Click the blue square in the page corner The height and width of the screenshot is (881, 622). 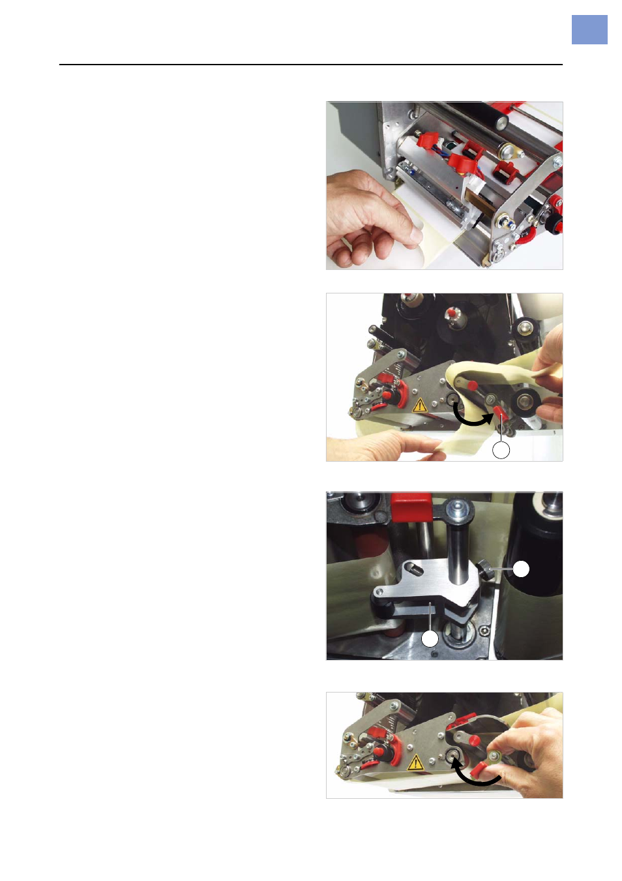point(589,30)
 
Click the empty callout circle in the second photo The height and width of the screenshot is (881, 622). point(501,450)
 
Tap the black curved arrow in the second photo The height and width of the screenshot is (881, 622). point(471,417)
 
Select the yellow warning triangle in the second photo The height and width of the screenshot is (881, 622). point(419,405)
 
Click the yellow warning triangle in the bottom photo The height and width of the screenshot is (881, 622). point(415,762)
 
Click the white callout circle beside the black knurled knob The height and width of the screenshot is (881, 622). point(521,569)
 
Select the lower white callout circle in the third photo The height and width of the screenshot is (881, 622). point(430,638)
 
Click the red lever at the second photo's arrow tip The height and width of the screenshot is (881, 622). point(500,414)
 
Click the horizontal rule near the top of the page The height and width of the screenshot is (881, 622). point(310,65)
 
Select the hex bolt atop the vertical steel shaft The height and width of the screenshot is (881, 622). point(455,507)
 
